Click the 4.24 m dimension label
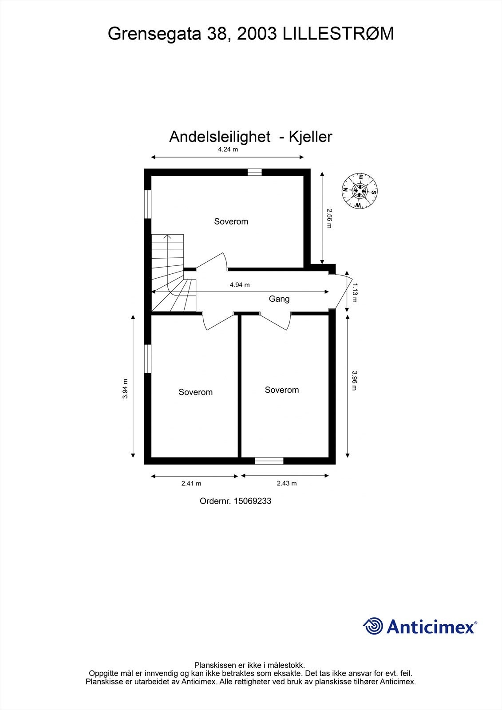(228, 150)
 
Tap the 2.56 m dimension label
(329, 218)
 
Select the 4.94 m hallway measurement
(240, 285)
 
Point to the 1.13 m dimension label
(354, 293)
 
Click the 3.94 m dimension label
(126, 388)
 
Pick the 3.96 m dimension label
(354, 381)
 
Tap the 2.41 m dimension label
(191, 483)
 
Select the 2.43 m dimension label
(287, 483)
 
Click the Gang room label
(279, 299)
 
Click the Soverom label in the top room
(231, 221)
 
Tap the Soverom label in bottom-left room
(195, 392)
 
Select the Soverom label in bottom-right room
(282, 390)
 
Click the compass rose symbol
(360, 191)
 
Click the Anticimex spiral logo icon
(373, 626)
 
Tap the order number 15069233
(252, 501)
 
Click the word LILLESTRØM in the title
(338, 34)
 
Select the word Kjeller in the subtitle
(310, 137)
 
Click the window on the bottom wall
(269, 461)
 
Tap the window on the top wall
(254, 172)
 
